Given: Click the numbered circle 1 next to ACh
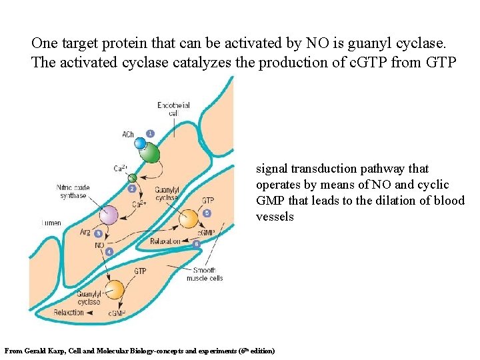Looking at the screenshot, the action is pos(151,133).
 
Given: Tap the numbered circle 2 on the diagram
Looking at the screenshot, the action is pos(132,189).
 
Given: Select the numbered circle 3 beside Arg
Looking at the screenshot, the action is pos(99,234).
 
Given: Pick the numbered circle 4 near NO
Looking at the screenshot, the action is pos(109,252).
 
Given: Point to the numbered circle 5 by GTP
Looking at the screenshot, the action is pos(207,213).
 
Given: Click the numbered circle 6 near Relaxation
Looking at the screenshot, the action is pos(196,244).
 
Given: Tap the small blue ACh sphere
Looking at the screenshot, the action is pos(140,143).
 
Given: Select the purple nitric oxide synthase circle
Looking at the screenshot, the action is pos(109,215).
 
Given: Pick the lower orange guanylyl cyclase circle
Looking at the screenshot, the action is pos(115,289).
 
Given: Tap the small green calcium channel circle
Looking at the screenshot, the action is pos(133,177).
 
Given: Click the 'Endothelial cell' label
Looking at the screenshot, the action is pos(173,109).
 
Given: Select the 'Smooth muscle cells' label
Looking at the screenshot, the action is pos(207,274).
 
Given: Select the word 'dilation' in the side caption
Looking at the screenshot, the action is pos(393,201).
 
